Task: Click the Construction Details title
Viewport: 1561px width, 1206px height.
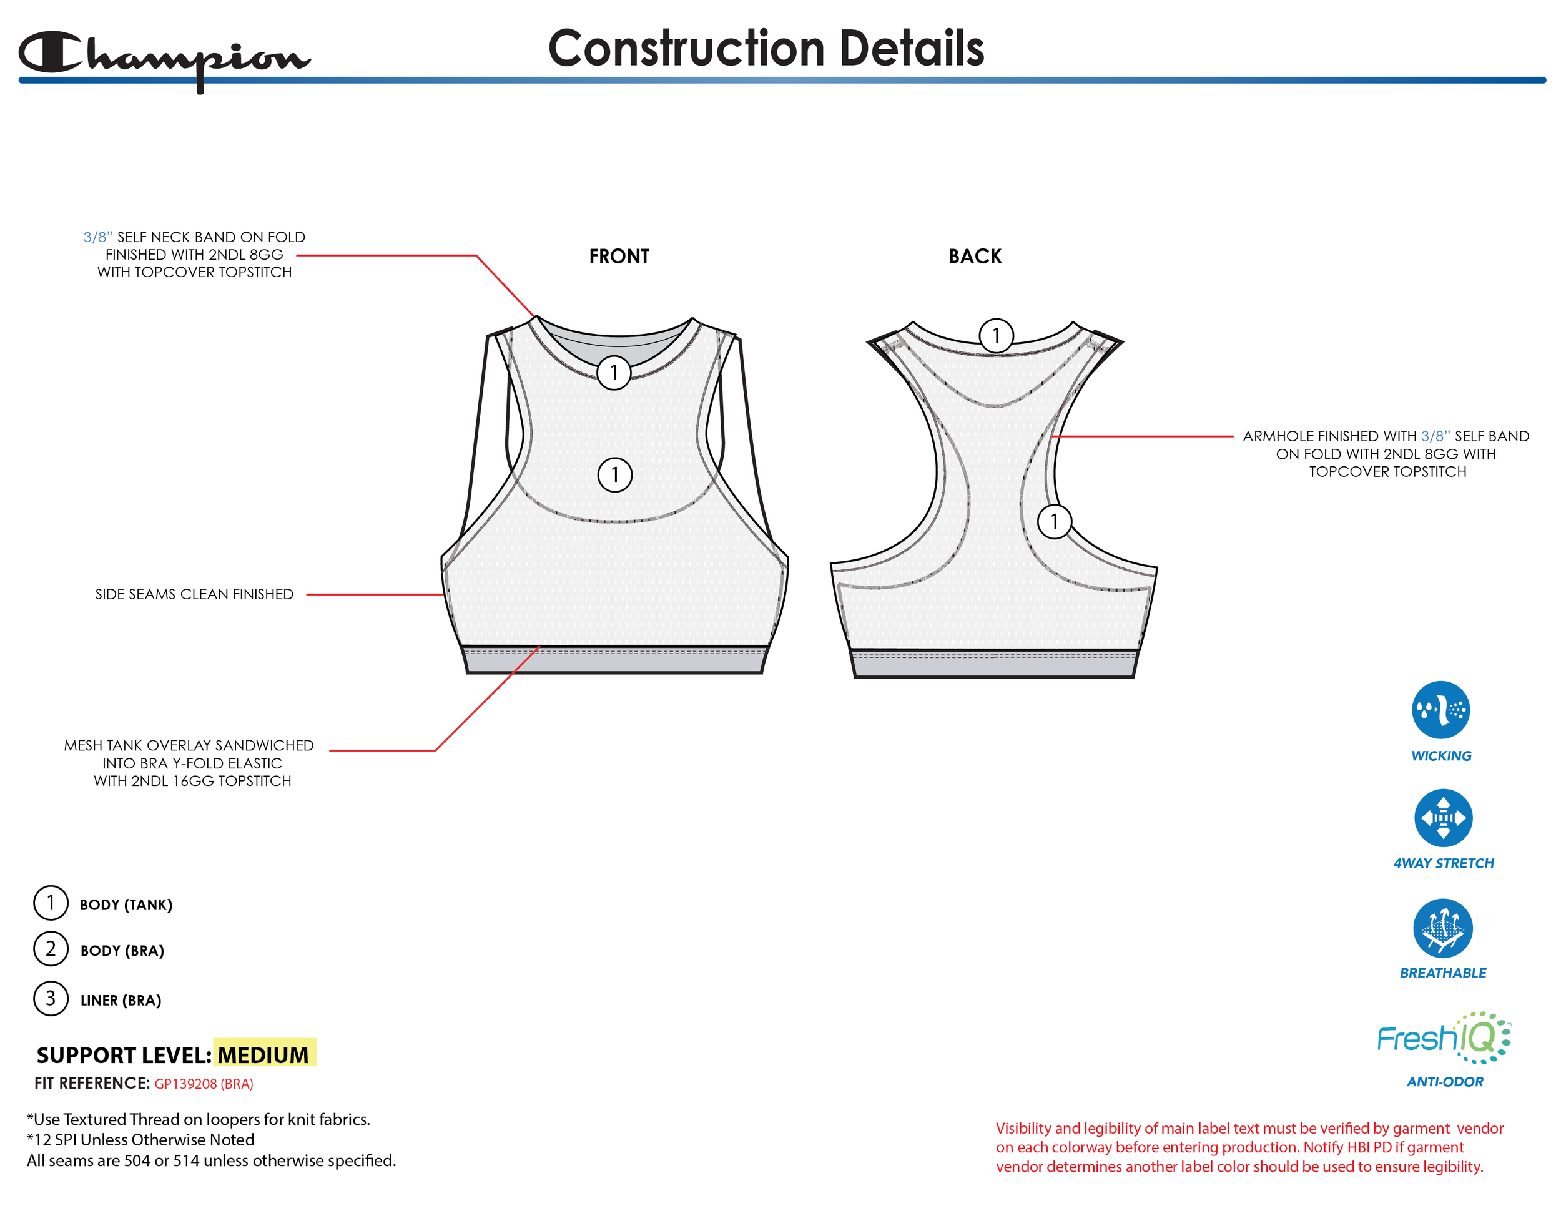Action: click(x=766, y=49)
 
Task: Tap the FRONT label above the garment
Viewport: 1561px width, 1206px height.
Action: click(x=619, y=256)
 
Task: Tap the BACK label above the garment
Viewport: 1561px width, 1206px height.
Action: click(x=975, y=256)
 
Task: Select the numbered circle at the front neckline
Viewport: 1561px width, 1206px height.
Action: click(x=613, y=372)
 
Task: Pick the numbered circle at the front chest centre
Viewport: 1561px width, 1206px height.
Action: click(x=614, y=474)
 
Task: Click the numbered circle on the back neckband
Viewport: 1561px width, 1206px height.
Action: click(x=996, y=335)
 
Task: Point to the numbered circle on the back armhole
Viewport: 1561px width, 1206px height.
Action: click(x=1054, y=522)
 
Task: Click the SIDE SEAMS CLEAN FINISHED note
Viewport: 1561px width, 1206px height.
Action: click(x=194, y=594)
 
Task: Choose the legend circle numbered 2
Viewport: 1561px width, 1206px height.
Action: click(x=51, y=949)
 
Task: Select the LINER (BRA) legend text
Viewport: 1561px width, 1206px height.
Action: click(x=121, y=1000)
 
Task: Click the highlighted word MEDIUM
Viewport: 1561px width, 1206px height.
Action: click(x=263, y=1054)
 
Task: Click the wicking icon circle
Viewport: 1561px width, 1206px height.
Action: click(x=1440, y=710)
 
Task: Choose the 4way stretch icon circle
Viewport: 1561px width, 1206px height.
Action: click(x=1443, y=817)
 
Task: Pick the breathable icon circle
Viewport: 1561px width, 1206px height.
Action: click(x=1442, y=928)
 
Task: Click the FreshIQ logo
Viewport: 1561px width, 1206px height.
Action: click(x=1444, y=1037)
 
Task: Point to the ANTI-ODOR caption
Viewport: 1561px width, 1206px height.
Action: click(x=1444, y=1082)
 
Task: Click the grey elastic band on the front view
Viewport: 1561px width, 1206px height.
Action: click(x=614, y=661)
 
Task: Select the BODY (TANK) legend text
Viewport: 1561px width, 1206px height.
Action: click(x=126, y=904)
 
